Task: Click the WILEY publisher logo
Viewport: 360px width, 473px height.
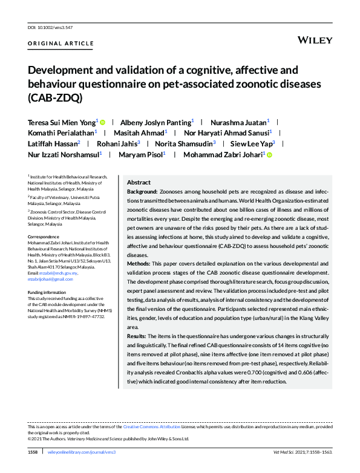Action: tap(315, 40)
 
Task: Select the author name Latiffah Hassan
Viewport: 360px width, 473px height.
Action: tap(52, 144)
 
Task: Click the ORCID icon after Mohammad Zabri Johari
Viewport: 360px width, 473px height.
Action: tap(269, 155)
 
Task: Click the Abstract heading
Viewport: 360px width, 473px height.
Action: tap(139, 182)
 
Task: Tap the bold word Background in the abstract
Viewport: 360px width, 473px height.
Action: tap(142, 191)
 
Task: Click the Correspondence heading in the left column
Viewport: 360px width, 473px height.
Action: tap(44, 236)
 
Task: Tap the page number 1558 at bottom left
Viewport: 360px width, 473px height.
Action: tap(33, 452)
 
